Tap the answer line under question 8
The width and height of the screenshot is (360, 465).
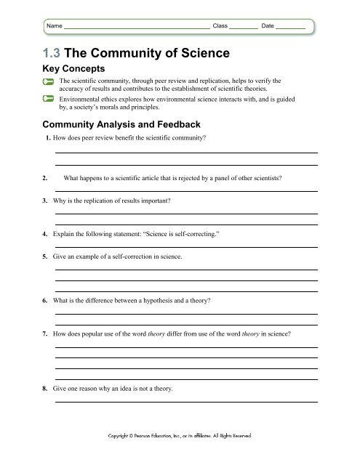click(185, 400)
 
